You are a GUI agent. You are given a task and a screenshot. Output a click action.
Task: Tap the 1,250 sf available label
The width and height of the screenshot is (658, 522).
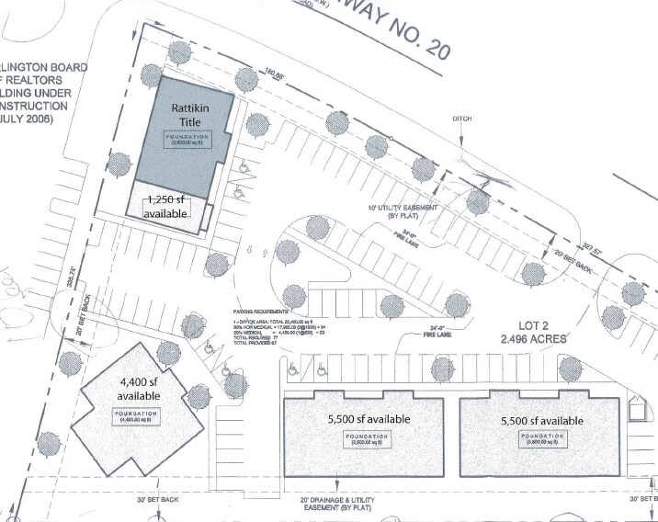165,207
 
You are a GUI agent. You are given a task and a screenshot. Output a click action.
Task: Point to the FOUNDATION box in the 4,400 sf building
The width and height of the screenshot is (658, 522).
138,415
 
